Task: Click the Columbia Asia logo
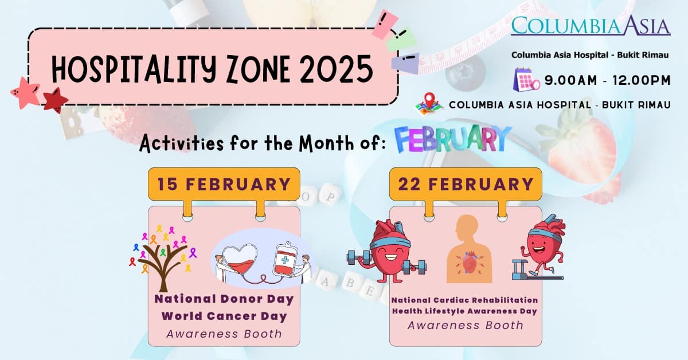tap(591, 26)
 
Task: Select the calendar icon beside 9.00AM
tap(526, 80)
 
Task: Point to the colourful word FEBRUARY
tap(452, 139)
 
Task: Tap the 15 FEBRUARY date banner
tap(224, 184)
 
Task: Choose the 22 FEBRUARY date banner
tap(465, 184)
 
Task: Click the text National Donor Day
tap(224, 299)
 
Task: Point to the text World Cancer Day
tap(224, 316)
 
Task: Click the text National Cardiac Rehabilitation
tap(465, 300)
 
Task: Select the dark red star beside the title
tap(55, 101)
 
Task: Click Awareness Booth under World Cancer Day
tap(224, 334)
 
